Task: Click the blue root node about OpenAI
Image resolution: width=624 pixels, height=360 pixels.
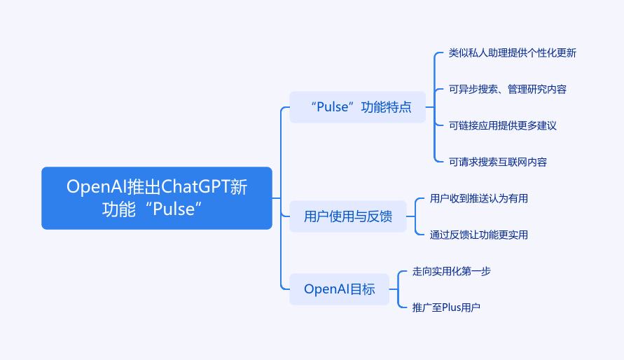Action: pyautogui.click(x=156, y=198)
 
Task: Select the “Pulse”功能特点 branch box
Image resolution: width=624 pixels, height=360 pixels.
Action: pyautogui.click(x=357, y=107)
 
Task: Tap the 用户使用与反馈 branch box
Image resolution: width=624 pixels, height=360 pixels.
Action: pyautogui.click(x=348, y=216)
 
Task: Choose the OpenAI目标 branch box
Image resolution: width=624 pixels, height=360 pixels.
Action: pyautogui.click(x=339, y=289)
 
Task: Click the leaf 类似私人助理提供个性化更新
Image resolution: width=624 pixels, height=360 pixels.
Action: pyautogui.click(x=512, y=53)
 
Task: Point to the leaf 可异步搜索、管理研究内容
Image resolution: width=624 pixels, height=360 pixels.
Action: pyautogui.click(x=507, y=90)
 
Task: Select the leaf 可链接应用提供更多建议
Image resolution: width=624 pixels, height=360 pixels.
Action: pyautogui.click(x=502, y=126)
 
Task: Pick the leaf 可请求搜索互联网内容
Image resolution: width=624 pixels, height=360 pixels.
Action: pyautogui.click(x=497, y=162)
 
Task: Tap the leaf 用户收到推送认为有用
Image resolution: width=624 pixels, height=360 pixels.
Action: pyautogui.click(x=478, y=199)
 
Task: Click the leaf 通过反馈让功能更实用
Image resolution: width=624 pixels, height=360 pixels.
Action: pyautogui.click(x=478, y=235)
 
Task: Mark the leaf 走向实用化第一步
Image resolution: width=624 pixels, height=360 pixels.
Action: pyautogui.click(x=451, y=271)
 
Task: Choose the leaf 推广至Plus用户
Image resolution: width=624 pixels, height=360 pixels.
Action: pyautogui.click(x=446, y=307)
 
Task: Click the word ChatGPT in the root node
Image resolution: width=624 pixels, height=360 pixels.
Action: pyautogui.click(x=196, y=187)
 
